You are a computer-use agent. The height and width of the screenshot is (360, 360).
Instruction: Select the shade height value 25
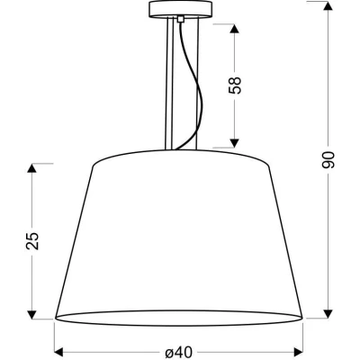(x=33, y=240)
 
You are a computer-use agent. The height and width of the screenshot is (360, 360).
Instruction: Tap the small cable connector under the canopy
(x=182, y=19)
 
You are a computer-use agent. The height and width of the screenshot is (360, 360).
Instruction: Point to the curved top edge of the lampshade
(x=180, y=149)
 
